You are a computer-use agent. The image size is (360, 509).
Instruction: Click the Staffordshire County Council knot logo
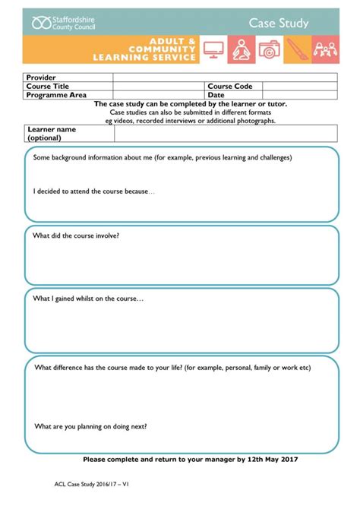pyautogui.click(x=41, y=23)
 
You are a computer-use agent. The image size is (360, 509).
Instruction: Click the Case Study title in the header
pyautogui.click(x=279, y=23)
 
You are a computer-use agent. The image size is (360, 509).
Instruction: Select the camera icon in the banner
pyautogui.click(x=269, y=50)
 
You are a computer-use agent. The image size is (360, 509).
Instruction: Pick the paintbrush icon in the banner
pyautogui.click(x=297, y=50)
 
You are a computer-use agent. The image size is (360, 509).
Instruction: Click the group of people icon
pyautogui.click(x=325, y=50)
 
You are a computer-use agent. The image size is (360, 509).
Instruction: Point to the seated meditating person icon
pyautogui.click(x=242, y=50)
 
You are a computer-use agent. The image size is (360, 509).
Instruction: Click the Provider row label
pyautogui.click(x=41, y=77)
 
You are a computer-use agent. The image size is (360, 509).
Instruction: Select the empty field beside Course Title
pyautogui.click(x=159, y=87)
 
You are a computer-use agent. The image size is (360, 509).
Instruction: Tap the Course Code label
pyautogui.click(x=229, y=87)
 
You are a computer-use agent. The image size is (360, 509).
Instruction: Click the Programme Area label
pyautogui.click(x=56, y=95)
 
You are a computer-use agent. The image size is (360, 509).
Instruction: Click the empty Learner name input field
pyautogui.click(x=226, y=134)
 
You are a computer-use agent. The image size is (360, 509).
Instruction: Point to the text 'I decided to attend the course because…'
pyautogui.click(x=93, y=191)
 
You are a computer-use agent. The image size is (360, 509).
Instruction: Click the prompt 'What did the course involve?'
pyautogui.click(x=76, y=236)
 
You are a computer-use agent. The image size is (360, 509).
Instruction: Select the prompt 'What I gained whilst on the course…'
pyautogui.click(x=88, y=299)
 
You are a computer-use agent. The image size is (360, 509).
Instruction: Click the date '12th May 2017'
pyautogui.click(x=273, y=460)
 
